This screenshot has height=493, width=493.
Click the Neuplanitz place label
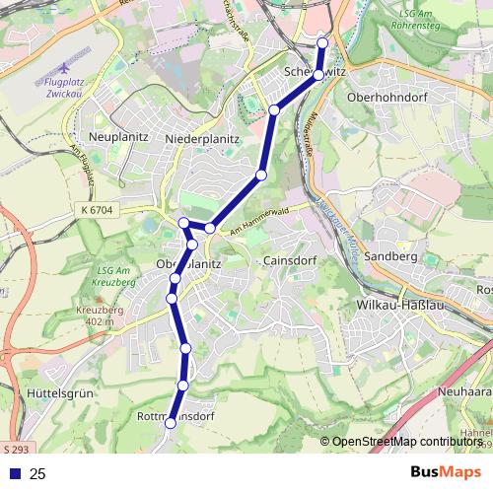(x=118, y=137)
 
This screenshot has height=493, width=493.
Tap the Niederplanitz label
(x=203, y=139)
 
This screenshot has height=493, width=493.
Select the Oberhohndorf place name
(x=386, y=98)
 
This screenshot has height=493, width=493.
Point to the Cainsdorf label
(x=288, y=260)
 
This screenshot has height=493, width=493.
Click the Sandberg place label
(x=390, y=255)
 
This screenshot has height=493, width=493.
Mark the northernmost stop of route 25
(x=322, y=41)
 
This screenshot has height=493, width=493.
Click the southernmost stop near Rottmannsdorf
(x=171, y=423)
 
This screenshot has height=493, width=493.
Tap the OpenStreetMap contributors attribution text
(x=406, y=443)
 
